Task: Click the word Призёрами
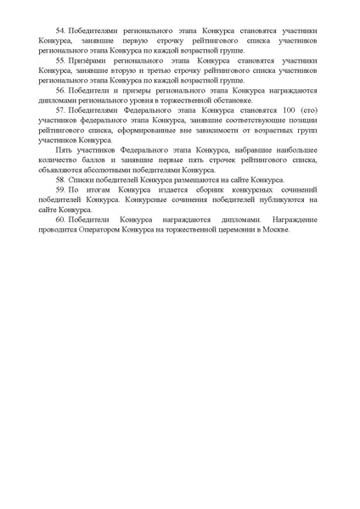(93, 61)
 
